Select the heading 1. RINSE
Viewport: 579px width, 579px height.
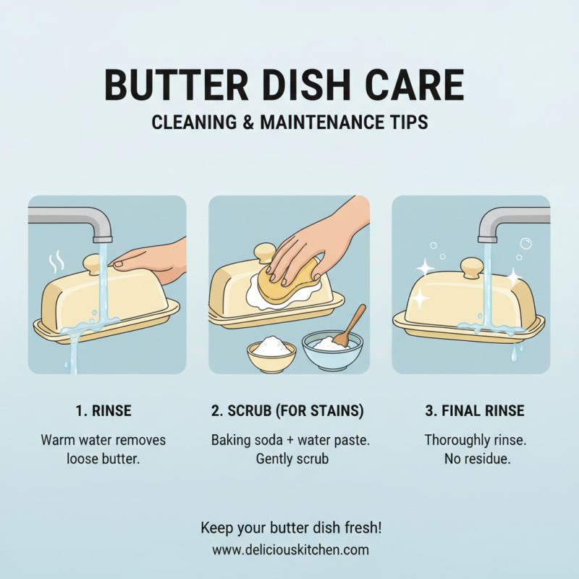(103, 411)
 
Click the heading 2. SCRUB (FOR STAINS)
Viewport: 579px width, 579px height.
(287, 411)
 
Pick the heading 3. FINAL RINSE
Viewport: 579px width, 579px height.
(474, 411)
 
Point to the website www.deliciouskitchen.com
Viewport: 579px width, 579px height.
(290, 549)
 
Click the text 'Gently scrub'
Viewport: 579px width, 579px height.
(289, 459)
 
